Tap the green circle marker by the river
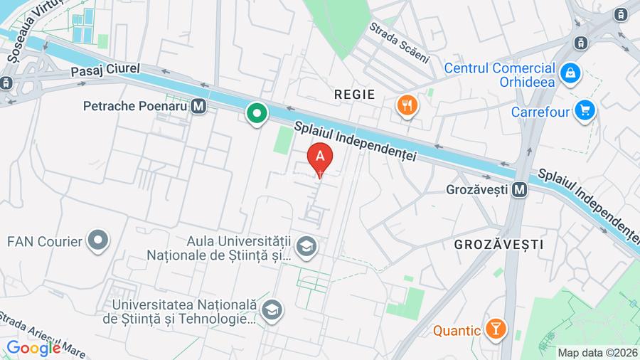pos(257,112)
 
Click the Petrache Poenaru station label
pos(134,107)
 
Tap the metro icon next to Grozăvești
pos(520,190)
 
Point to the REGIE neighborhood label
pos(354,94)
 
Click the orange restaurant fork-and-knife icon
pos(407,105)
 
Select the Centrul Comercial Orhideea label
pos(499,75)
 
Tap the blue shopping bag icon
pos(570,72)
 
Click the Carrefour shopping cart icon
pos(585,111)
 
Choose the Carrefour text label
pos(540,112)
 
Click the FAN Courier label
pos(45,242)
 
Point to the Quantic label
pos(457,330)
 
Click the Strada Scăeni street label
pos(399,42)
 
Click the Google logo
pos(33,349)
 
